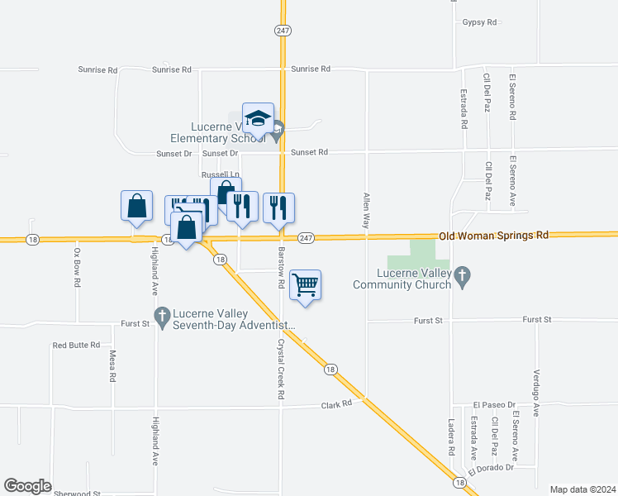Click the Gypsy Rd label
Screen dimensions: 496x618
click(x=480, y=22)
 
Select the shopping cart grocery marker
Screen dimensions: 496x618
click(x=306, y=285)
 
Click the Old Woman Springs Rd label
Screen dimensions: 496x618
click(x=494, y=236)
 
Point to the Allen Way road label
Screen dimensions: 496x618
click(x=366, y=211)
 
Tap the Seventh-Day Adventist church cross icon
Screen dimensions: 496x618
click(x=162, y=315)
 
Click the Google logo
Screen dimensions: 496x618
click(x=27, y=486)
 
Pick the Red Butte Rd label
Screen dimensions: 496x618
click(x=76, y=345)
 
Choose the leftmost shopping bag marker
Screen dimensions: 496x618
click(x=136, y=206)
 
